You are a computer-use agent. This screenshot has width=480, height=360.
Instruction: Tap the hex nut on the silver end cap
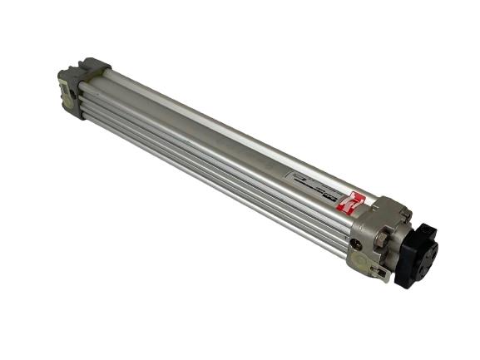coord(382,241)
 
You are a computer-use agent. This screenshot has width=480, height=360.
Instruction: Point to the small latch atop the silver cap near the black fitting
coord(403,215)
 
